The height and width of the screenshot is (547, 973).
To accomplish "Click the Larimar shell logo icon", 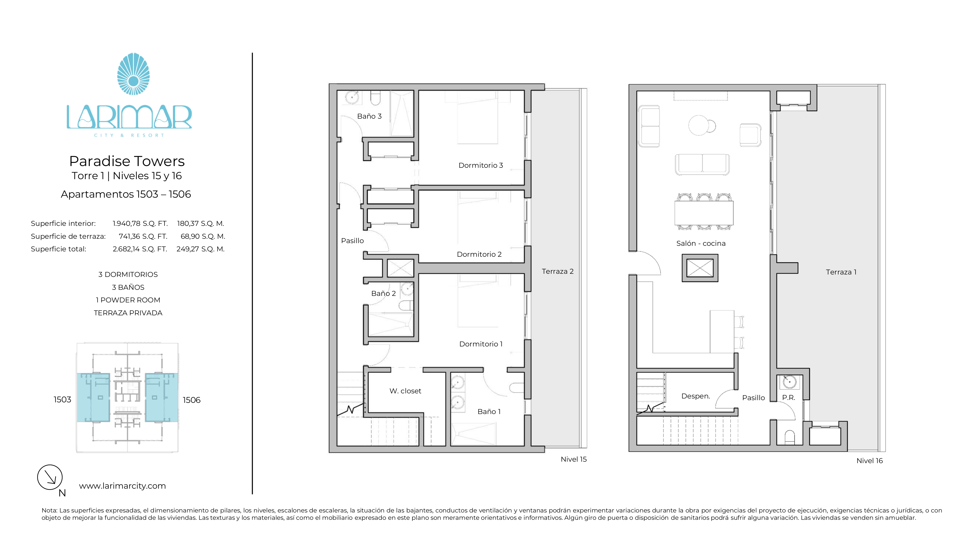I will (x=133, y=74).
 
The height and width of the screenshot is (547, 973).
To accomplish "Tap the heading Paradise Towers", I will (x=127, y=161).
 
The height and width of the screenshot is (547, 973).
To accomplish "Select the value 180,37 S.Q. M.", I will (x=201, y=223).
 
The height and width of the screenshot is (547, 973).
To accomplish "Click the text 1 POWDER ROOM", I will (x=128, y=300).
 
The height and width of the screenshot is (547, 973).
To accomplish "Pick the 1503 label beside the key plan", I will (x=62, y=399).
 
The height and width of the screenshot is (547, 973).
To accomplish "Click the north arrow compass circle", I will (x=50, y=477).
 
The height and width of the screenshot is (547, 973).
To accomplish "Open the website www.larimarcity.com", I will (x=122, y=486).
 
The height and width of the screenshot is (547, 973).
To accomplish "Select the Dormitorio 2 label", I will (x=479, y=255).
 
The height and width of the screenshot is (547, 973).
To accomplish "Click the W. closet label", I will (x=405, y=391).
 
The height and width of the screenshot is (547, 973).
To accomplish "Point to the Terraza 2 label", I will (x=558, y=271).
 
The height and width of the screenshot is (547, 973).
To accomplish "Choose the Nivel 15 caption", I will (x=573, y=459).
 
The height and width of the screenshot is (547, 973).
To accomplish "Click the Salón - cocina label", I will (x=701, y=244).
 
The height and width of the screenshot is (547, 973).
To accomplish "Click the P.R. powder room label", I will (x=788, y=397).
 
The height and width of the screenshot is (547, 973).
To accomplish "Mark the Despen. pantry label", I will (x=695, y=396).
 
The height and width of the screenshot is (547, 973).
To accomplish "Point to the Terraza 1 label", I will (x=841, y=272).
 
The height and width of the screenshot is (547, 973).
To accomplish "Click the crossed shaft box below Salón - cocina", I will (x=700, y=268).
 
